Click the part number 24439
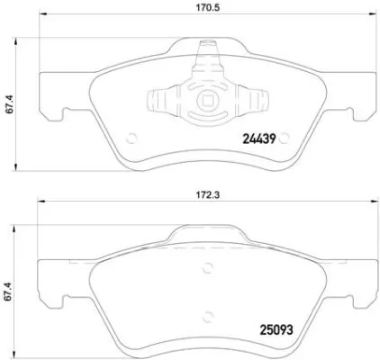[x=260, y=138]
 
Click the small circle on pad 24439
[x=132, y=138]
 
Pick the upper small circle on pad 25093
[x=209, y=266]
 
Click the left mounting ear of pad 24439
[x=55, y=114]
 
